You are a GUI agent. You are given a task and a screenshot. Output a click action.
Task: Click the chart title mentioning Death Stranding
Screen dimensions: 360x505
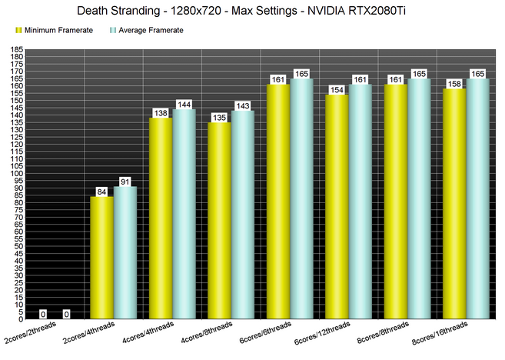(x=252, y=12)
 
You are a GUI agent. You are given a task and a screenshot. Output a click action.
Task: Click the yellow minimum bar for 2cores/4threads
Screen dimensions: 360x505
(x=101, y=257)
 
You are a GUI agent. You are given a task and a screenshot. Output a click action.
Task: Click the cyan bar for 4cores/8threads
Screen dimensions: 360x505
(x=243, y=215)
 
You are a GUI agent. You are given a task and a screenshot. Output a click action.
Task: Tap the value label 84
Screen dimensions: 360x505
(x=101, y=192)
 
